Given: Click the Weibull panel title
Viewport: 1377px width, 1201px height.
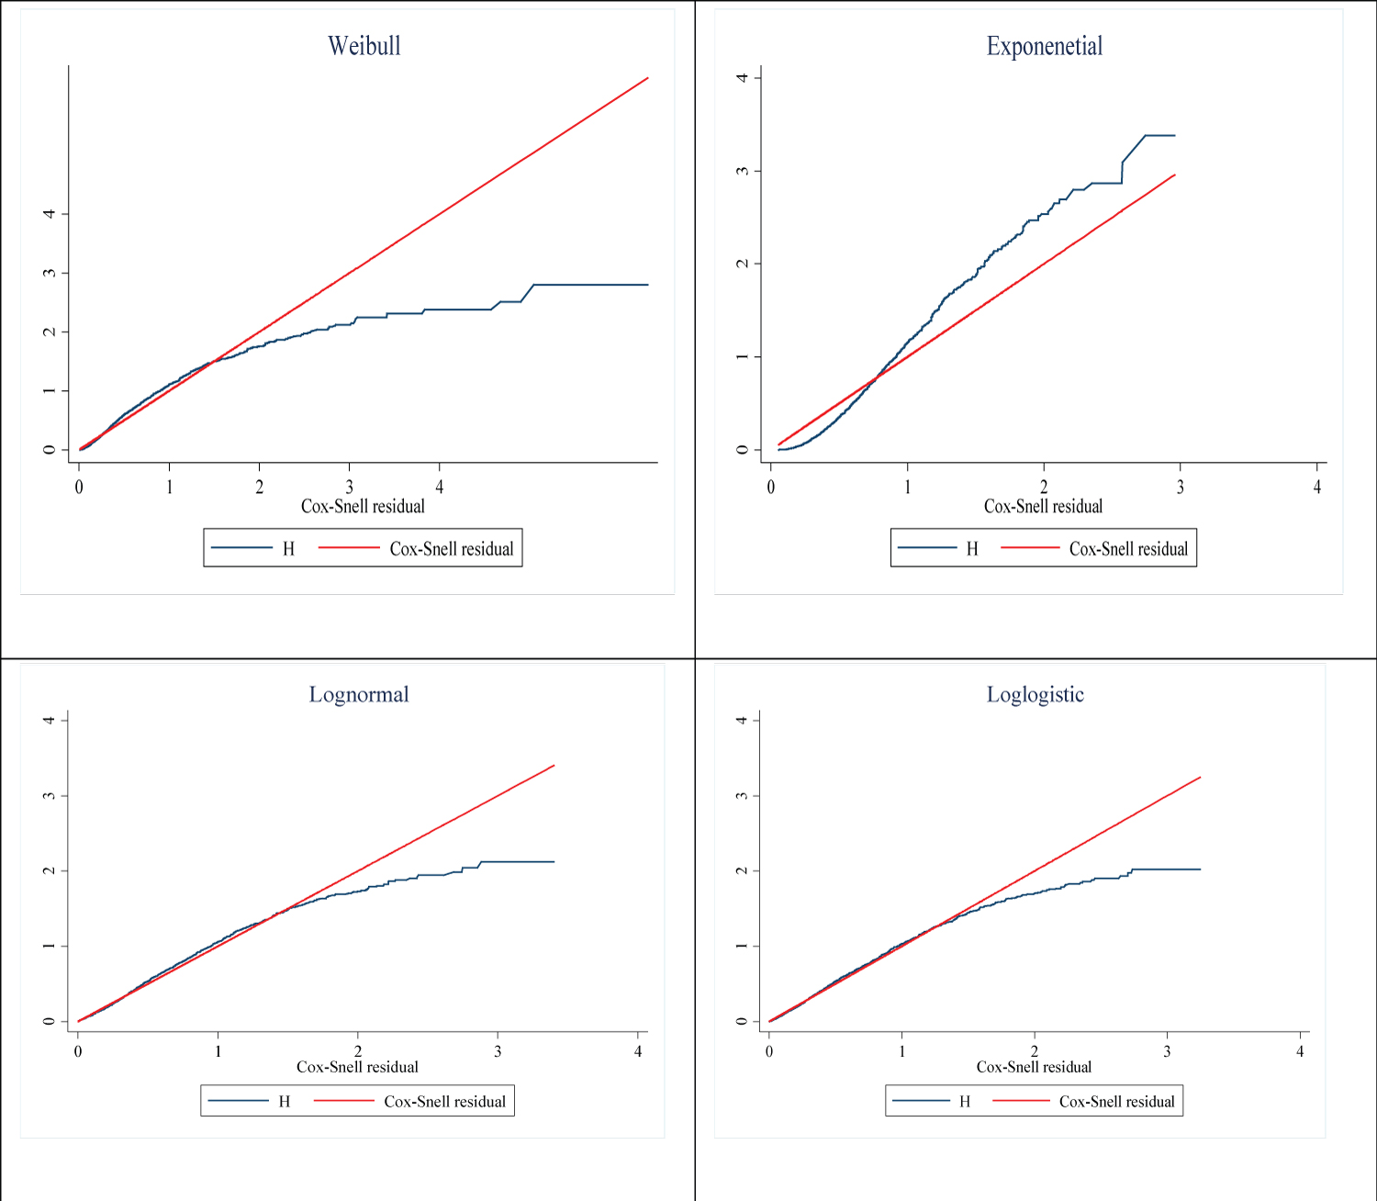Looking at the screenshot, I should (x=364, y=46).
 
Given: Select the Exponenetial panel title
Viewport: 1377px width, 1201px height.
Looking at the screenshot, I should (x=1045, y=46).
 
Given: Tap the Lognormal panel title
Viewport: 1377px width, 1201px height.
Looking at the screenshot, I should (x=359, y=694).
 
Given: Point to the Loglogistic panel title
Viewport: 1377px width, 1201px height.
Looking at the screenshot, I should (x=1036, y=694).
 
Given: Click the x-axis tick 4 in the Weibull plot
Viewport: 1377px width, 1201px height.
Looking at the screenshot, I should (x=440, y=487).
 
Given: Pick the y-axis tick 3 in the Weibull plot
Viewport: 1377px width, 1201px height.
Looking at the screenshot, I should (x=50, y=273).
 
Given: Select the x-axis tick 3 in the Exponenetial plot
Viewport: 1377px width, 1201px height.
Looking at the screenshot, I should (x=1181, y=487).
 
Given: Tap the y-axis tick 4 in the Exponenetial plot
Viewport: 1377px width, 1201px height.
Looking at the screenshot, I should (x=743, y=77).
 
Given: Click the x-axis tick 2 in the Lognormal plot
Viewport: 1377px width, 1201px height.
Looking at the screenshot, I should (x=358, y=1051).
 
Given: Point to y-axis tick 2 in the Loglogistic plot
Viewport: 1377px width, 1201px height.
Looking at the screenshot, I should (x=742, y=870).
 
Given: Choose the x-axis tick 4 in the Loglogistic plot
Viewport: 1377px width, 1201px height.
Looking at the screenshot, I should (x=1300, y=1051).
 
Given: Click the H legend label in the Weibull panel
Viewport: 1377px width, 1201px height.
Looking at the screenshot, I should (x=288, y=549).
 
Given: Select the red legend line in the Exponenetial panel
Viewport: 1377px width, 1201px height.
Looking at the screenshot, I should (x=1030, y=548).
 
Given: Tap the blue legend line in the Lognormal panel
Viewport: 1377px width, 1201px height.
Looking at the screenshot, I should (x=238, y=1101).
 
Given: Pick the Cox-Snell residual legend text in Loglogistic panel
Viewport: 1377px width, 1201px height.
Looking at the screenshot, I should (x=1116, y=1102).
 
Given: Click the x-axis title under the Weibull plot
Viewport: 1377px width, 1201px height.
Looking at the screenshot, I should (x=363, y=506).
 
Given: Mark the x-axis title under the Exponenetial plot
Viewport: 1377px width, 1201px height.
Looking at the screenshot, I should (x=1043, y=506).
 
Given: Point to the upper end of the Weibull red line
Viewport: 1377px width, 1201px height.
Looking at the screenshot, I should (x=648, y=78).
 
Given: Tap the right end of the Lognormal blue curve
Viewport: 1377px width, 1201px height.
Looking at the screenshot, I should (x=554, y=861).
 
